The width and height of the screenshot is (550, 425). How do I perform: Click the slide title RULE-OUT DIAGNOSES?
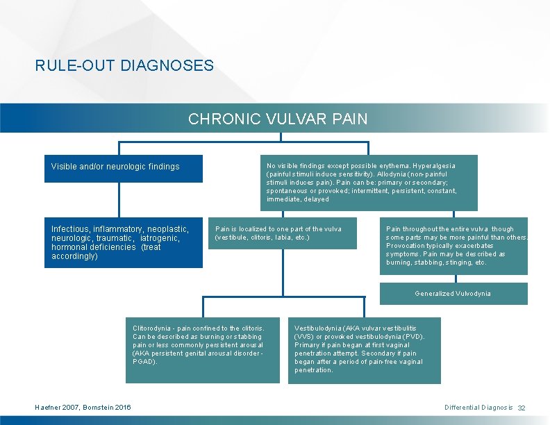tap(124, 66)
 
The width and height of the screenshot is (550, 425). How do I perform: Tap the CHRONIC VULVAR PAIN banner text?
tap(278, 119)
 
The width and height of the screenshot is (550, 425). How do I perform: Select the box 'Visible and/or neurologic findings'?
tap(124, 167)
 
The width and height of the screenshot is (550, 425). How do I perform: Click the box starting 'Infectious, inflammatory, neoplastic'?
tap(124, 242)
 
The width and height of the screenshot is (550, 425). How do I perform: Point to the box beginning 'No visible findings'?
tap(369, 183)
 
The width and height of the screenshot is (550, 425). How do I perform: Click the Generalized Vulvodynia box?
tap(453, 293)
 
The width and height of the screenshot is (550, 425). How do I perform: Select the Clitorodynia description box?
tap(203, 349)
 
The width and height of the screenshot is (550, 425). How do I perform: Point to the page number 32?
tap(522, 407)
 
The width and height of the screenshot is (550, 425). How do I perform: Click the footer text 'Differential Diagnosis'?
tap(478, 407)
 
